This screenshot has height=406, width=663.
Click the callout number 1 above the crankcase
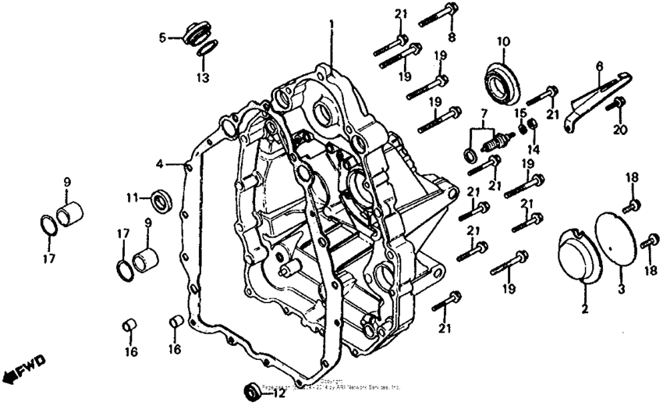coord(331,26)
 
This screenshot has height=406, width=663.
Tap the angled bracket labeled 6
coord(597,93)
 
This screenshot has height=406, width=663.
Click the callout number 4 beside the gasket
coord(160,164)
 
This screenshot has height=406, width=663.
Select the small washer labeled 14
coord(533,127)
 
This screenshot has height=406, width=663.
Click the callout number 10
coord(502,41)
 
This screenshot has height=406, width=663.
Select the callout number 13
coord(203,78)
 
